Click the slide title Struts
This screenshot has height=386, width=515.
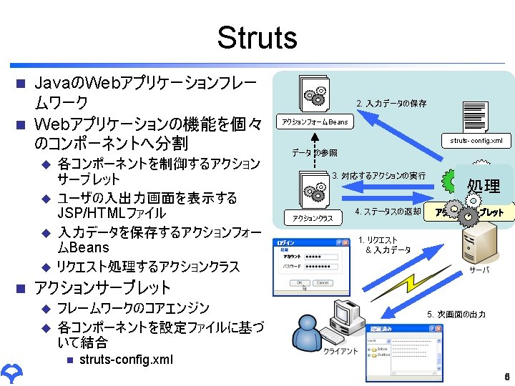click(x=257, y=37)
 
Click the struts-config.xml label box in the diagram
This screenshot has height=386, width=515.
click(x=476, y=140)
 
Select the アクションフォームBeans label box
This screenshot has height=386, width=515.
click(x=315, y=122)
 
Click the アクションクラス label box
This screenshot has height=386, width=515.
click(x=313, y=217)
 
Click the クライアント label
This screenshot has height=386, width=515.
click(x=340, y=352)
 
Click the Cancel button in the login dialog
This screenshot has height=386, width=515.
click(x=323, y=282)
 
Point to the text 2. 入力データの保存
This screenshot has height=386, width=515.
click(x=391, y=104)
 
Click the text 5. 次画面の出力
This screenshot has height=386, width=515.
click(x=456, y=314)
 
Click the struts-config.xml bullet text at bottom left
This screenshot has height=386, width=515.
click(x=126, y=359)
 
